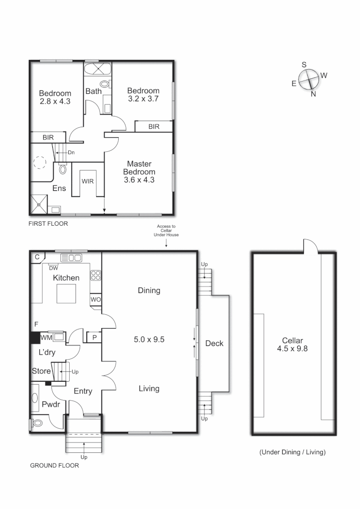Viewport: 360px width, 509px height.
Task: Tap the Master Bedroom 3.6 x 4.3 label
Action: tap(139, 172)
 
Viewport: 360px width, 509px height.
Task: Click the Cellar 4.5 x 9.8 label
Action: tap(293, 345)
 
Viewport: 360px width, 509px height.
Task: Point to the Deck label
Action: tap(214, 344)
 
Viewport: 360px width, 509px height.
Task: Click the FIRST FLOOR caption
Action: tap(49, 224)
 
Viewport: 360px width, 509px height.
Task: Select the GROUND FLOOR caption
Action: tap(54, 465)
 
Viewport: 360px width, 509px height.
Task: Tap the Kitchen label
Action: tap(66, 278)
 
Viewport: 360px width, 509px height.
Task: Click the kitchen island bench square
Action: tap(66, 294)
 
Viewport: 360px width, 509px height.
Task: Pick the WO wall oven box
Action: tap(95, 299)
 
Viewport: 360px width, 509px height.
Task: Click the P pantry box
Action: tap(94, 337)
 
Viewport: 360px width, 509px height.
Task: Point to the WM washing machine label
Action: tap(46, 337)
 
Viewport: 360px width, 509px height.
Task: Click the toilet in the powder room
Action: tap(38, 423)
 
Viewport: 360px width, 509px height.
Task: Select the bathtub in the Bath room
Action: tap(98, 68)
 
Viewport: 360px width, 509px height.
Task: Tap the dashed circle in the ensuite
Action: tap(40, 163)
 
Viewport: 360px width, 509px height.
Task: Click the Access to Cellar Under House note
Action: tap(166, 230)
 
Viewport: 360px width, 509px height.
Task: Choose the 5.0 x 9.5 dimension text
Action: tap(148, 339)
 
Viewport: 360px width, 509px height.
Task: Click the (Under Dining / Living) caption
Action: tap(293, 452)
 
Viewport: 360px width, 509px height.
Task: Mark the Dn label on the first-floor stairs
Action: tap(71, 152)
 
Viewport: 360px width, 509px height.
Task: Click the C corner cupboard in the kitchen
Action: tap(37, 257)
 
